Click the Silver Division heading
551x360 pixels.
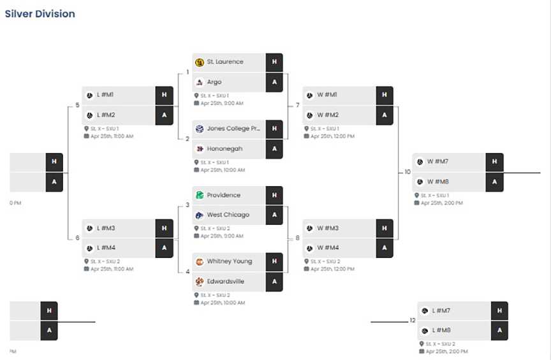click(40, 13)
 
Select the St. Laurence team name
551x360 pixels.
click(224, 62)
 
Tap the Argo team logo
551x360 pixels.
click(200, 82)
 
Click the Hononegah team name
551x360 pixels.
click(224, 148)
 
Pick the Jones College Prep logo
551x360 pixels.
click(200, 129)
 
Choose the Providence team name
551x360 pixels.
click(223, 195)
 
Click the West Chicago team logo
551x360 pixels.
click(200, 215)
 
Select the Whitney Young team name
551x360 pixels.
click(229, 261)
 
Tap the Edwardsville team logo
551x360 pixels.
click(200, 282)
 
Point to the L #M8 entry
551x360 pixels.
click(441, 331)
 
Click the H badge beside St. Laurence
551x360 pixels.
click(274, 62)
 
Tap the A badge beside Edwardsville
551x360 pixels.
click(274, 282)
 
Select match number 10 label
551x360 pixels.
click(408, 172)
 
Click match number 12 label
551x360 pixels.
click(413, 320)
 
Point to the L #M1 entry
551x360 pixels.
click(105, 96)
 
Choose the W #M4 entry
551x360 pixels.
click(327, 248)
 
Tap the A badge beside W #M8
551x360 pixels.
click(494, 182)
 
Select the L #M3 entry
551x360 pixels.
click(105, 228)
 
